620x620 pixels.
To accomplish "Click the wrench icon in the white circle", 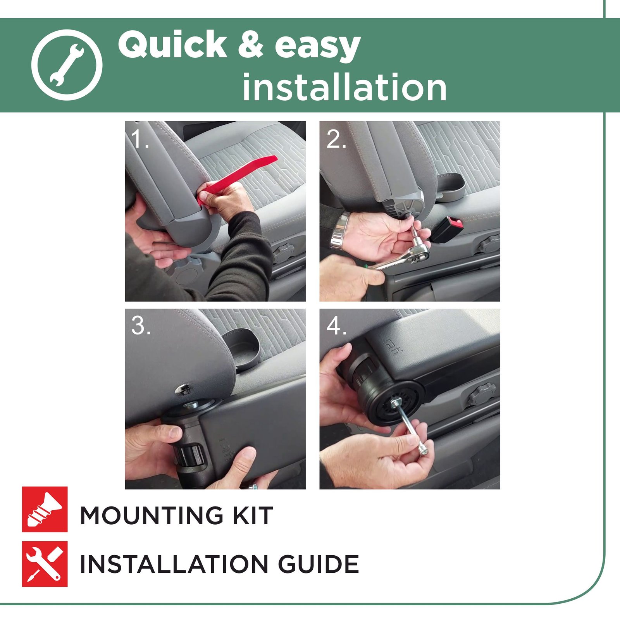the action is point(67,65).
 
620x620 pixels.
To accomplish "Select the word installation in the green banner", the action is point(344,87).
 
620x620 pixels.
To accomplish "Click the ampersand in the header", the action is point(250,45).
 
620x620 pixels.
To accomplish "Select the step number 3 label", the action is point(140,325).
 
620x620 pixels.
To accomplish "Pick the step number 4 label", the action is point(336,325).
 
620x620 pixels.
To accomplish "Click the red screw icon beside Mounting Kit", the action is point(45,509).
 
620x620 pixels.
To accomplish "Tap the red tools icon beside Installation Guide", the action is point(45,564).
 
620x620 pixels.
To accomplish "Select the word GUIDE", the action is point(319,564).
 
